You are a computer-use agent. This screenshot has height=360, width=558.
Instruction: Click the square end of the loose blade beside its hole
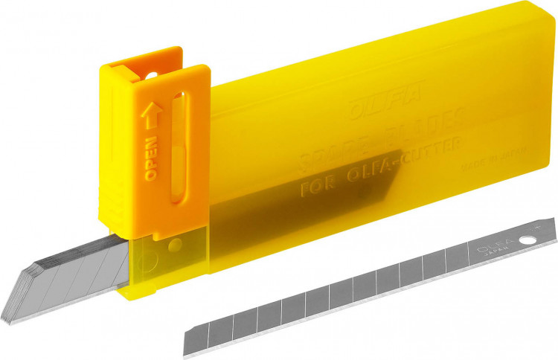point(547,234)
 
